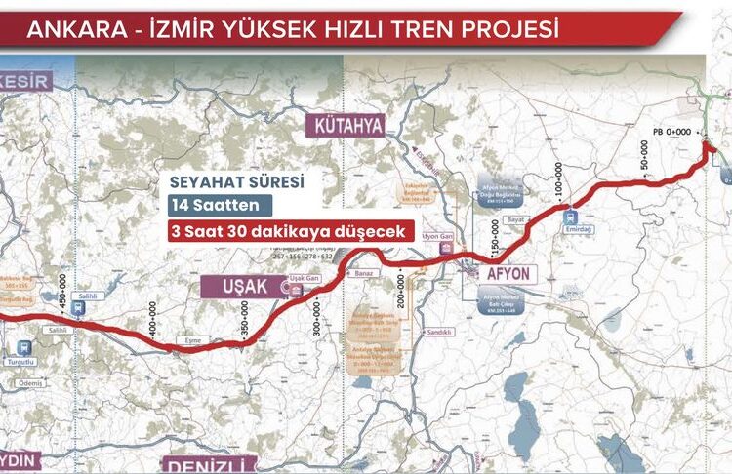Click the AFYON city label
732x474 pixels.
click(x=508, y=274)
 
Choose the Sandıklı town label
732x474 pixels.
click(x=437, y=333)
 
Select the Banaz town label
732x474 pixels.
click(x=365, y=274)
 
